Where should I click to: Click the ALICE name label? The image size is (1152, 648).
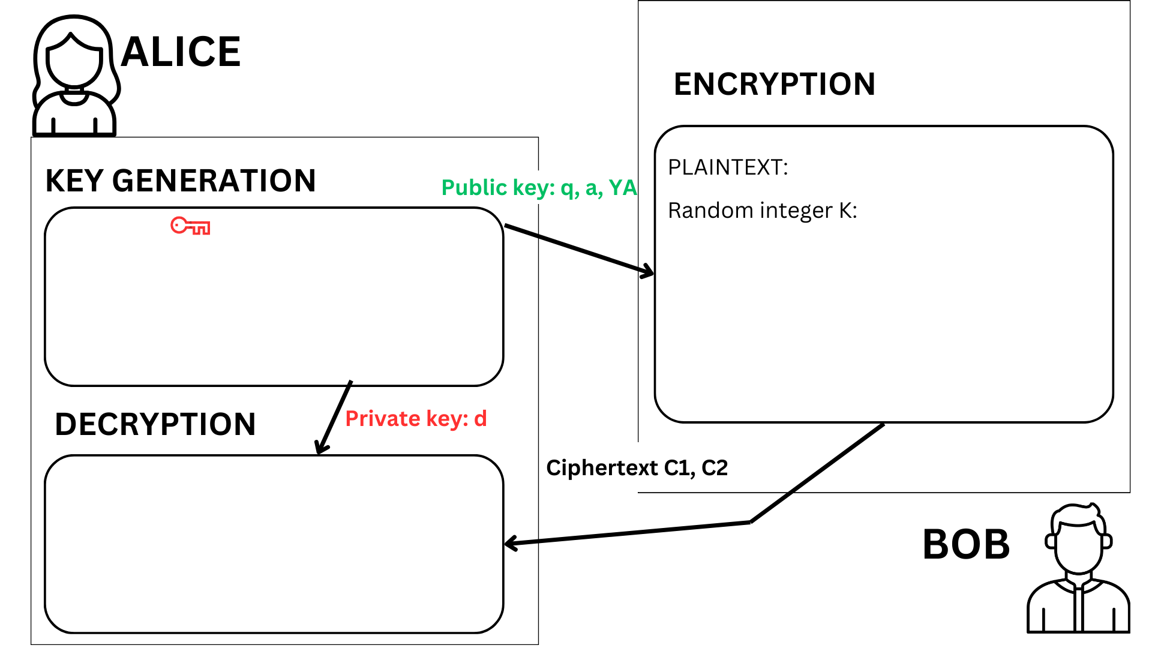tap(181, 52)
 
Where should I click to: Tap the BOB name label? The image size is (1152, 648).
tap(966, 545)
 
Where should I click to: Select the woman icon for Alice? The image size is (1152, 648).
tap(74, 76)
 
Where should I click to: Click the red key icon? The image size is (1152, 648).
tap(190, 226)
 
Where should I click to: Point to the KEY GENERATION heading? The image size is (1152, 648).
tap(181, 181)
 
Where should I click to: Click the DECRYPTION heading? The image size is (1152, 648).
tap(155, 424)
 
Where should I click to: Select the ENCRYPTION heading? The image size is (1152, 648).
tap(775, 84)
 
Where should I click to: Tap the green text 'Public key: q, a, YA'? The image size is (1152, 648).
tap(539, 188)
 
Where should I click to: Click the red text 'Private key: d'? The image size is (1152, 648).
tap(416, 418)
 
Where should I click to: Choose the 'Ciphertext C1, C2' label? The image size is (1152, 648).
tap(637, 467)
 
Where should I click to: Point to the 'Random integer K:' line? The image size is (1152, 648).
tap(762, 211)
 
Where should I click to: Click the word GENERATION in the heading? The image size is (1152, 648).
tap(214, 181)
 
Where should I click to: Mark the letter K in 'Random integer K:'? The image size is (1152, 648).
tap(845, 211)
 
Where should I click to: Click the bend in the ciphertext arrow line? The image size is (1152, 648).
tap(750, 522)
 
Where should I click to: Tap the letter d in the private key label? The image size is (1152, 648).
tap(481, 418)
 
